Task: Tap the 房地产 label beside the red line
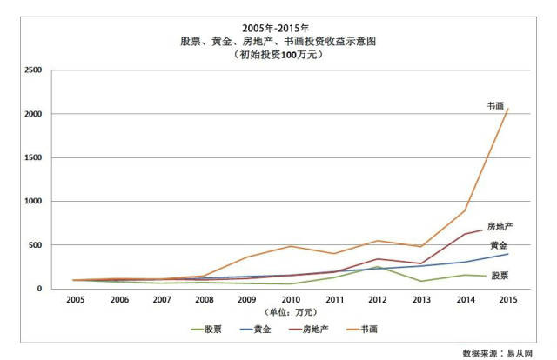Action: pyautogui.click(x=500, y=226)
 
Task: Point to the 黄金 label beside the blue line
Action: pyautogui.click(x=500, y=246)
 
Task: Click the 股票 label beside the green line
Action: pyautogui.click(x=500, y=276)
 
